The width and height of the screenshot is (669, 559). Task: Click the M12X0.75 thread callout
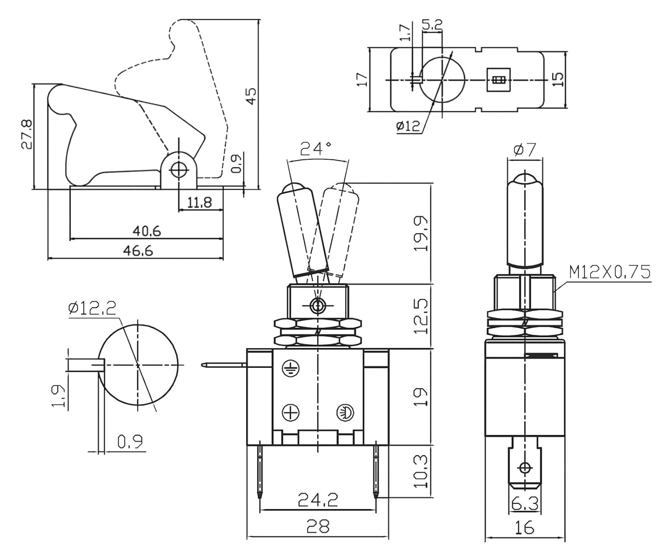[x=609, y=272]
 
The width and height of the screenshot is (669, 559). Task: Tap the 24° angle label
[x=316, y=148]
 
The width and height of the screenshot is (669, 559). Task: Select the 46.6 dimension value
[x=138, y=250]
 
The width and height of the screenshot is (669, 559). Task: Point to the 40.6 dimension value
[x=147, y=231]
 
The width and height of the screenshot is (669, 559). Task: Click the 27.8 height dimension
[x=27, y=134]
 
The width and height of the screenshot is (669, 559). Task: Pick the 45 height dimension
[x=252, y=96]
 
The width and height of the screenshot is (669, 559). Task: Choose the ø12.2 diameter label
[x=92, y=308]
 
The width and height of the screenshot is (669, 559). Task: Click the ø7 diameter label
[x=524, y=150]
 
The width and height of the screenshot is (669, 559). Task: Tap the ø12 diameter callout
[x=408, y=126]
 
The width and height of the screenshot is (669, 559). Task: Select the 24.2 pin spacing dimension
[x=318, y=500]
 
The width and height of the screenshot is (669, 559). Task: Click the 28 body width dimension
[x=318, y=526]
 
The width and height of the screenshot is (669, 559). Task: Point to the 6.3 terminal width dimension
[x=525, y=504]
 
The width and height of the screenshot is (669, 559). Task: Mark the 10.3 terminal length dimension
[x=421, y=471]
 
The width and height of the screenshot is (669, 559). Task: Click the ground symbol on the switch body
[x=291, y=368]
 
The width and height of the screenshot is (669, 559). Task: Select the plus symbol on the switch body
[x=291, y=413]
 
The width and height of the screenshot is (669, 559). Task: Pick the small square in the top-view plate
[x=498, y=80]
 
